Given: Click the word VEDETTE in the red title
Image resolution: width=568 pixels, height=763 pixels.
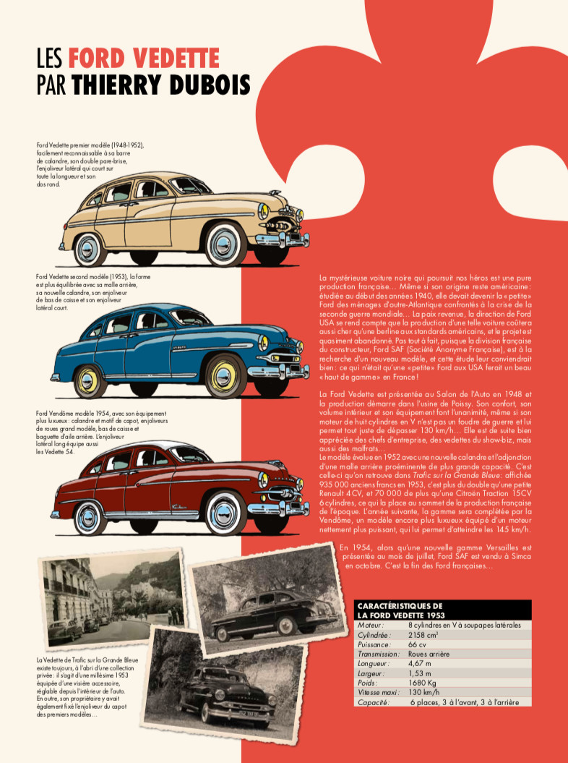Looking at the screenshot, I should [x=175, y=57].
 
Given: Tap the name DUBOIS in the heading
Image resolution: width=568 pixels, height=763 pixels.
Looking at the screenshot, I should [x=209, y=85].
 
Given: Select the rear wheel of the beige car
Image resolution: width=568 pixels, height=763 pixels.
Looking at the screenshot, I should [x=89, y=248].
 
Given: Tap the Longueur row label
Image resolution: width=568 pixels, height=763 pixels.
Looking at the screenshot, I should [x=374, y=663].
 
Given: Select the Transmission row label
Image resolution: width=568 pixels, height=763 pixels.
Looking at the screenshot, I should [x=379, y=654].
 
